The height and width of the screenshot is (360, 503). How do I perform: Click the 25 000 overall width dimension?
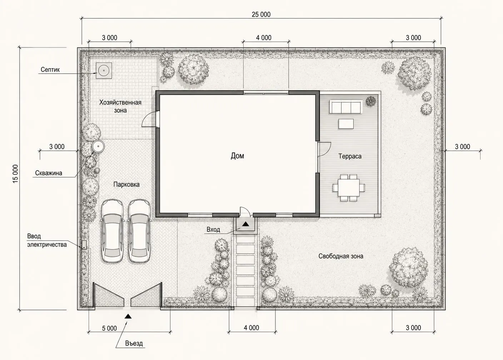261,15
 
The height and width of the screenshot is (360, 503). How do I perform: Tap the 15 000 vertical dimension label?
15,174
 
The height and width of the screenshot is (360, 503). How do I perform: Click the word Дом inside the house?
237,156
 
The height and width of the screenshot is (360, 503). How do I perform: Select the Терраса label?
350,156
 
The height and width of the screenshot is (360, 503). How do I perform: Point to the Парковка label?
126,185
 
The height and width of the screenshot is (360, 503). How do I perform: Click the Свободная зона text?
341,256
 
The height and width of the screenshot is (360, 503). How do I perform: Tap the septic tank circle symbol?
104,70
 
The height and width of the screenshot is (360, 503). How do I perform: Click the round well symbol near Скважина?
98,146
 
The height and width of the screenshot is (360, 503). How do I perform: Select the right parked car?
139,231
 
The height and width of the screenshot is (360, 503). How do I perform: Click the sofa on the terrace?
346,107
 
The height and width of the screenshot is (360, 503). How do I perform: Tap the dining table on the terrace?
349,187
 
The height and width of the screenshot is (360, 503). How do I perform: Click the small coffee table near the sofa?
346,124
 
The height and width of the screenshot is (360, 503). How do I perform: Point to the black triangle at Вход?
245,224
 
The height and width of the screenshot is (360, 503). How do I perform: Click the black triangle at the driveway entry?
128,316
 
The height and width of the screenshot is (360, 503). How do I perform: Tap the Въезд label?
134,343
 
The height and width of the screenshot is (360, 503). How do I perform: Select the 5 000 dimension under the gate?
109,328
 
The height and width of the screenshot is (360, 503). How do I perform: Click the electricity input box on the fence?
84,245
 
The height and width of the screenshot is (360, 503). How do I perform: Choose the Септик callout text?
50,70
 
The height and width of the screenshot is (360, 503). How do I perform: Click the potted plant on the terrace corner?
371,101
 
